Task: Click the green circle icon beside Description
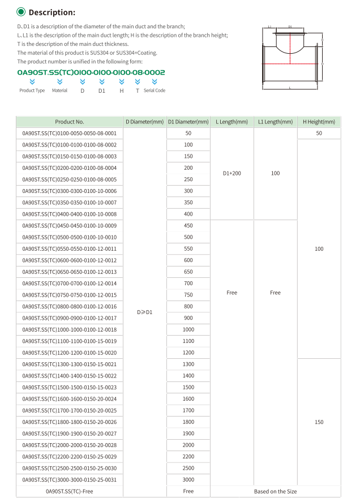[21, 12]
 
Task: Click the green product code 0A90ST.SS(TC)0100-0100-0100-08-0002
[91, 72]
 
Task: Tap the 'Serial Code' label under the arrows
[155, 91]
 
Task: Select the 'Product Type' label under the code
[32, 91]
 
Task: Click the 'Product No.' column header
[70, 122]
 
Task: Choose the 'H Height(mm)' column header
[319, 122]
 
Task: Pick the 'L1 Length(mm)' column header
[275, 122]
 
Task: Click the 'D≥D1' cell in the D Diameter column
[145, 312]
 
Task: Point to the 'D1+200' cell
[232, 173]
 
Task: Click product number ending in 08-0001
[70, 134]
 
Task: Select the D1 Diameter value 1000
[188, 329]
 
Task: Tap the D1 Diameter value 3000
[188, 479]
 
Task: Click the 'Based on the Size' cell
[275, 491]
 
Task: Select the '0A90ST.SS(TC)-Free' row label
[70, 491]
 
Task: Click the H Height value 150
[319, 422]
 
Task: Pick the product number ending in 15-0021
[70, 364]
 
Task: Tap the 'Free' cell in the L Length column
[232, 293]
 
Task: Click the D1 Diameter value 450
[188, 226]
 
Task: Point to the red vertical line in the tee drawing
[290, 48]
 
